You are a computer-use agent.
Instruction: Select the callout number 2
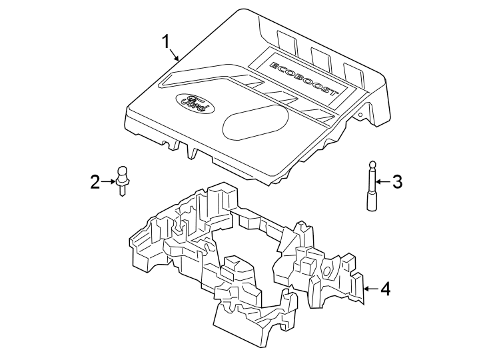coord(95,182)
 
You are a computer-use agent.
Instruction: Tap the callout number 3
coord(397,181)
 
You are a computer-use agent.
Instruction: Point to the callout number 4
coord(386,289)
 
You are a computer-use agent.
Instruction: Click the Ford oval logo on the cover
coord(195,103)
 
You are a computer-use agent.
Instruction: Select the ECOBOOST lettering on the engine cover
coord(303,78)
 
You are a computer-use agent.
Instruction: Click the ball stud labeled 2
coord(123,181)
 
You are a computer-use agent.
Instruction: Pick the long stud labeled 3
coord(372,185)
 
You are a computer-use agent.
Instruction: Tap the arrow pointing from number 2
coord(109,181)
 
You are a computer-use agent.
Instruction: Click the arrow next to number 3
coord(383,181)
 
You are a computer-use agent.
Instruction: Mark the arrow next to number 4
coord(371,289)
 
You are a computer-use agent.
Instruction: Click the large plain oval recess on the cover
coord(256,121)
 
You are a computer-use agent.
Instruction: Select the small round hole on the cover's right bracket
coord(360,115)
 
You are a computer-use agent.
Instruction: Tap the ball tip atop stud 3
coord(372,164)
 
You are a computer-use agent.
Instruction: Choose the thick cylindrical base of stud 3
coord(372,202)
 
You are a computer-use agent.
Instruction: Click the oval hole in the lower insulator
coord(326,271)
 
